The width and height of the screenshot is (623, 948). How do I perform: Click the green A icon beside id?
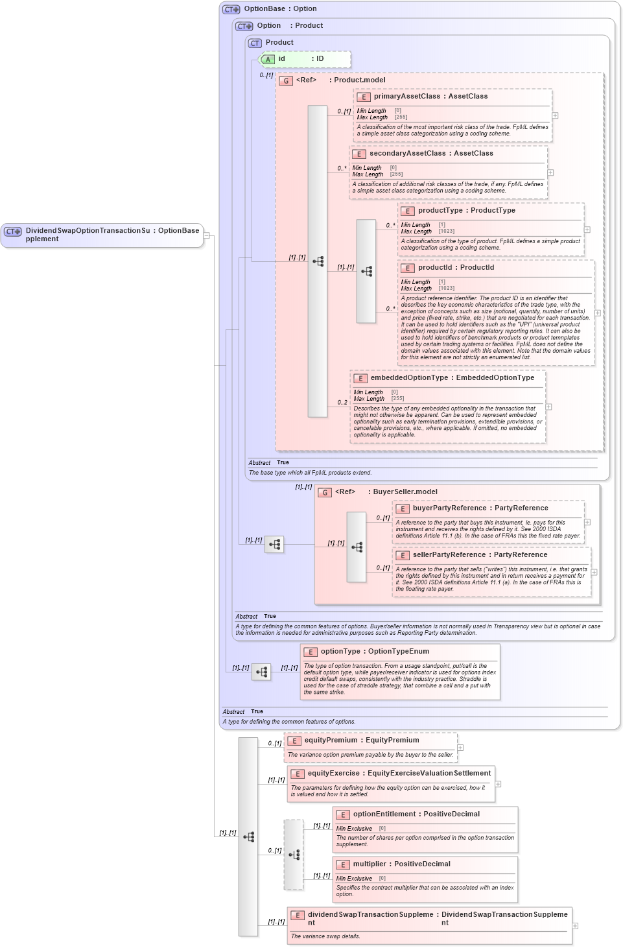coord(268,60)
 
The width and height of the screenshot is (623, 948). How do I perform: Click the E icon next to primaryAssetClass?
coord(364,97)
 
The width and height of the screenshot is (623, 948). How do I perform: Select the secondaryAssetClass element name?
coord(407,154)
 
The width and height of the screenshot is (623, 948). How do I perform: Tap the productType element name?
coord(440,211)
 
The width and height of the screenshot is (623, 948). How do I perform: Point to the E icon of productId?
coord(408,268)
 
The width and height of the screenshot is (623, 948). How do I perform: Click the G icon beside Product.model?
coord(286,81)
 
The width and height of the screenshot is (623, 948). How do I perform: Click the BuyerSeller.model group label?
coord(405,492)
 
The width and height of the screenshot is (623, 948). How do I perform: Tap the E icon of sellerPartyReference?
coord(403,556)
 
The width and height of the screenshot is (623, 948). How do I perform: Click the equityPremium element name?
coord(331,741)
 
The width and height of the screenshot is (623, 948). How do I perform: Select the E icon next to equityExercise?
coord(298,774)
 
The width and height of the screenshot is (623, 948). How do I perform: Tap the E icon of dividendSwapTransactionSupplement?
coord(298,916)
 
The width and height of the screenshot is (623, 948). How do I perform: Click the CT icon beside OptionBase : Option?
coord(231,10)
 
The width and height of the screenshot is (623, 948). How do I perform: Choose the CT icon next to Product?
coord(255,43)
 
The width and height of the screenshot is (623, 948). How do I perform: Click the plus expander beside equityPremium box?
coord(460,748)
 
